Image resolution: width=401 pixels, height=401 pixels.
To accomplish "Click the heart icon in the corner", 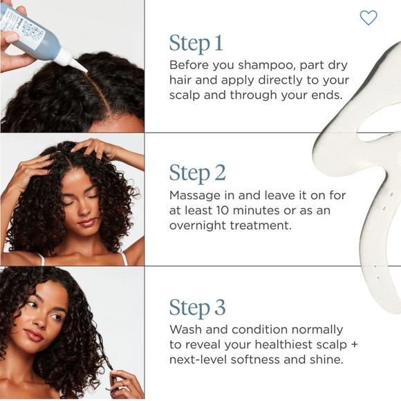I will (369, 18).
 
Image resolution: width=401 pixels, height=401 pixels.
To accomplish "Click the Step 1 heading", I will (196, 44).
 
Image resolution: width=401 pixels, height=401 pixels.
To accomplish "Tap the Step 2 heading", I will (198, 173).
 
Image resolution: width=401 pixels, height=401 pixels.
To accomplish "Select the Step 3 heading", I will (198, 308).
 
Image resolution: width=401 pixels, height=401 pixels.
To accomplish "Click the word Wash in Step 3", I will (185, 330).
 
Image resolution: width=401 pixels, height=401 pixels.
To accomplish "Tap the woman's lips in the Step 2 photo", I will (87, 223).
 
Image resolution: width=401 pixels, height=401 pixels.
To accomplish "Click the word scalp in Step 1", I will (186, 95).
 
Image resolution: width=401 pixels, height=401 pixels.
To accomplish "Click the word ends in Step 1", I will (326, 95).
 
